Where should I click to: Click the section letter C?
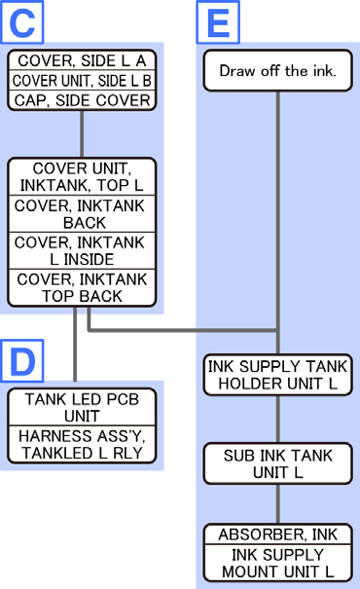(x=22, y=23)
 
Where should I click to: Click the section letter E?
(x=218, y=23)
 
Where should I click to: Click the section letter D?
(x=22, y=361)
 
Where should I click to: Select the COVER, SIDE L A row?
(x=82, y=60)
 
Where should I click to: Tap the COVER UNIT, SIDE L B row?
(x=82, y=81)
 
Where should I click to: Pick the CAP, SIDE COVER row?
(x=82, y=100)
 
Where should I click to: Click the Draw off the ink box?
(x=278, y=71)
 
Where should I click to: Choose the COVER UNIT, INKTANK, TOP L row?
(x=82, y=177)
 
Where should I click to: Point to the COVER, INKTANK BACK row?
(x=82, y=214)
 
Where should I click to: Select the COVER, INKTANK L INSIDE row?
(x=82, y=250)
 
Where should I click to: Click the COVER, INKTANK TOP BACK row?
(x=82, y=287)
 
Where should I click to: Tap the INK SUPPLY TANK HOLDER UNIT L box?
(x=278, y=375)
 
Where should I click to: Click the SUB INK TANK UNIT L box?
(x=278, y=463)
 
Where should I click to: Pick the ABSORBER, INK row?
(x=278, y=534)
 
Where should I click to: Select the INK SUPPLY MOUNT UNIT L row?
(x=278, y=563)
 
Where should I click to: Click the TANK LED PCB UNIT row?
(x=82, y=407)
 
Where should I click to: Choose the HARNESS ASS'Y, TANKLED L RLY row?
(x=82, y=444)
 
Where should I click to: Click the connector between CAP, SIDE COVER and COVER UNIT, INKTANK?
(x=82, y=134)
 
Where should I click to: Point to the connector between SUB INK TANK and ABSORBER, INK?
(x=278, y=504)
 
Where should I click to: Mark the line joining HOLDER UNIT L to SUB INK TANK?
(x=278, y=420)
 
